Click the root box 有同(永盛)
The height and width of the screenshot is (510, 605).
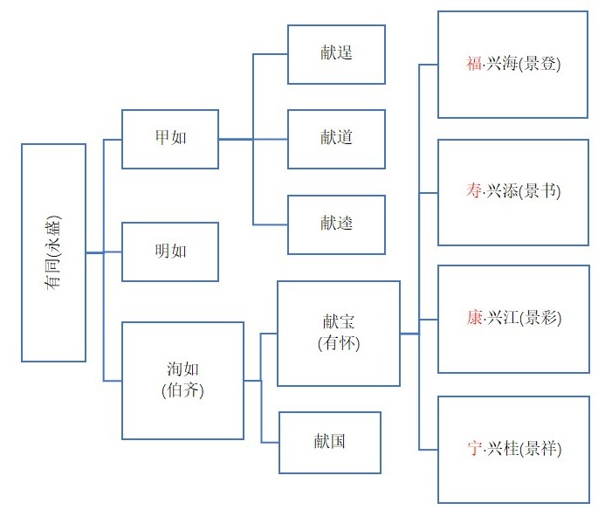(53, 252)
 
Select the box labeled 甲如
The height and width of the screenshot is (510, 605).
(169, 139)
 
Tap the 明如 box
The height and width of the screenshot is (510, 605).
(169, 252)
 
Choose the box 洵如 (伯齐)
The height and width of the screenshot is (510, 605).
(182, 380)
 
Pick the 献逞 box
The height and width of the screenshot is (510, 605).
(336, 54)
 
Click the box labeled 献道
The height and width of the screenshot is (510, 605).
(336, 139)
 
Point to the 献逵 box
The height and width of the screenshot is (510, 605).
(336, 224)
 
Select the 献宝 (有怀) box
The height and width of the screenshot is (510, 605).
(339, 333)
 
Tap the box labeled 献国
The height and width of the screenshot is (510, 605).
(330, 442)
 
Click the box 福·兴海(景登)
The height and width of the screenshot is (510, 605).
(512, 65)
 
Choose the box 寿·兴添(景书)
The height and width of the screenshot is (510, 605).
(512, 192)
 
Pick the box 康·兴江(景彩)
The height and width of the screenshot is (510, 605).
(512, 320)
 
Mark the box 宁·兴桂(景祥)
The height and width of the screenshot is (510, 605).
(512, 449)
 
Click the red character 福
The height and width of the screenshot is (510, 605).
(474, 65)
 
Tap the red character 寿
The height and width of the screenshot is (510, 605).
(474, 192)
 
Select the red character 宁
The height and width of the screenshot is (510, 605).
(474, 449)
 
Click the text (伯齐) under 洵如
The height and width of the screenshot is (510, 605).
(182, 390)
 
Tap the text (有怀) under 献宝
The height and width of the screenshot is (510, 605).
(339, 343)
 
